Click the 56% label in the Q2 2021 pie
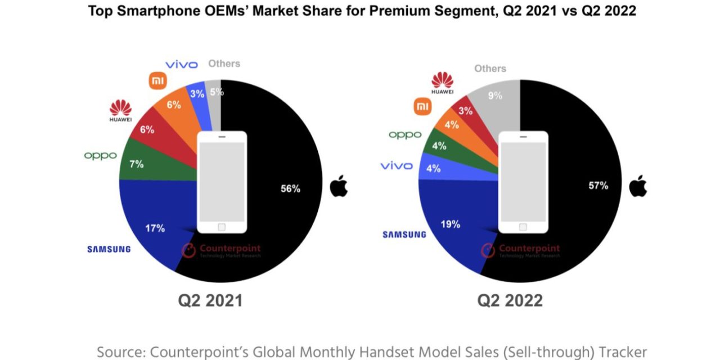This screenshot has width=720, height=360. (x=290, y=189)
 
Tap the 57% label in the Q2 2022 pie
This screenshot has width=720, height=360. (x=598, y=185)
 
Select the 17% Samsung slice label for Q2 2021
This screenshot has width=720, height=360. (x=155, y=228)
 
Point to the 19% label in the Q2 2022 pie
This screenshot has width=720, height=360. (x=450, y=224)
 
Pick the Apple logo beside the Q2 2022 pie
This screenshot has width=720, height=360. (x=638, y=186)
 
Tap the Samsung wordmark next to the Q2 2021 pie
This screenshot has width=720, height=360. (x=109, y=249)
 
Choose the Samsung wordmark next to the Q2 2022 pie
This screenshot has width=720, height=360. (x=404, y=235)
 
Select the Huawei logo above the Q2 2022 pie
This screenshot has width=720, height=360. (x=443, y=83)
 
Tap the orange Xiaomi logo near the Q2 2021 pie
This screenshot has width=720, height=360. (x=158, y=81)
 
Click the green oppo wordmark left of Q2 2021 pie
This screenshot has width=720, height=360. (x=100, y=155)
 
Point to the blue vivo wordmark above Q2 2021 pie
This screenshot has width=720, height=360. (x=181, y=65)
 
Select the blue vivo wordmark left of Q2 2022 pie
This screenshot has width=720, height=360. (x=397, y=166)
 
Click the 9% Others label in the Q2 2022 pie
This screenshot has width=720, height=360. (x=495, y=96)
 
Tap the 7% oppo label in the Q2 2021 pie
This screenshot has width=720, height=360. (x=136, y=164)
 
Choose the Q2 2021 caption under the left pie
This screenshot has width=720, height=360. (x=210, y=300)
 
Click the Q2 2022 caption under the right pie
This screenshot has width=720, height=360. (x=510, y=300)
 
